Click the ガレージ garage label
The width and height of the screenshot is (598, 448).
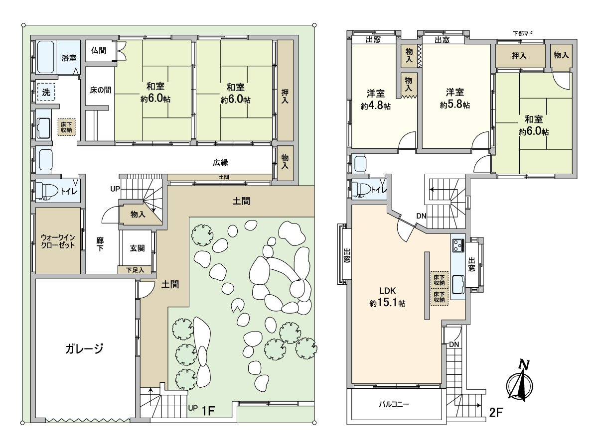[84, 349]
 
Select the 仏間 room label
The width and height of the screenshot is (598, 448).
[99, 51]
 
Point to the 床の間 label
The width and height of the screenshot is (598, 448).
[101, 90]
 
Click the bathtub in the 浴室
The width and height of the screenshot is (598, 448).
[45, 57]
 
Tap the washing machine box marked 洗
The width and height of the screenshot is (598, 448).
[46, 92]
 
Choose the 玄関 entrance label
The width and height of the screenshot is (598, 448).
[137, 248]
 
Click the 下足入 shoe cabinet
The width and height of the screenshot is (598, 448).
[135, 270]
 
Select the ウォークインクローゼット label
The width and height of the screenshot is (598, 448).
[58, 241]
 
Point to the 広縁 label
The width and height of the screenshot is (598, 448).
[220, 162]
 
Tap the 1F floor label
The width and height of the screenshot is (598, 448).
[208, 411]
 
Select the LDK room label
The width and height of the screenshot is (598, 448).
[387, 291]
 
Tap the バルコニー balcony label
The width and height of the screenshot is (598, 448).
[394, 404]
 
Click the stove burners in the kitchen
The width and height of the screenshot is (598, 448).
[458, 245]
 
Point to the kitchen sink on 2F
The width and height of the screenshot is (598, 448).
[458, 285]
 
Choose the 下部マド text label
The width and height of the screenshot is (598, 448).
[523, 33]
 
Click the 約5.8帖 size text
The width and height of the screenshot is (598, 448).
[454, 105]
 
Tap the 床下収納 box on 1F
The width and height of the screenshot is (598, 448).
[66, 127]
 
